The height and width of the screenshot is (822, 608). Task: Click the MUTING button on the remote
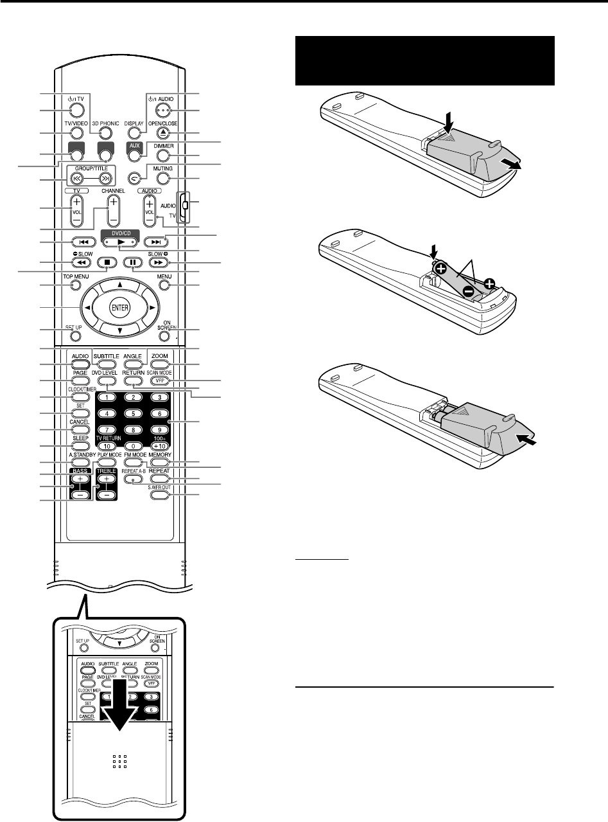164,178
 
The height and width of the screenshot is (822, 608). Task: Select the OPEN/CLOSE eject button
164,133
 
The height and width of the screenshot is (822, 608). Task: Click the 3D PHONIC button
107,133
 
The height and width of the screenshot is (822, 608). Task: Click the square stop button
104,262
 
